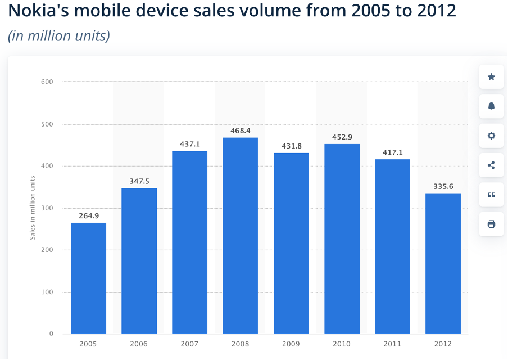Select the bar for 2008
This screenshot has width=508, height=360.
240,236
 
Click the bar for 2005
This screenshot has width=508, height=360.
88,278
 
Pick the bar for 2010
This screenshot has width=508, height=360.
342,239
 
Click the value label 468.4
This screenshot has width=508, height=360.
240,130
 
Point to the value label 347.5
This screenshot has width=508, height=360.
139,181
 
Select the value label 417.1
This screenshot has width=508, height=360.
392,152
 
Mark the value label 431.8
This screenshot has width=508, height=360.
291,146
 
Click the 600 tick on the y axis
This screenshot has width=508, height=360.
47,82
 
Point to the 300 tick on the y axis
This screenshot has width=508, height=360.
47,208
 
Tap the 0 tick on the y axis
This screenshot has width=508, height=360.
51,334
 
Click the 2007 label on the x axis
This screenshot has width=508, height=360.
189,344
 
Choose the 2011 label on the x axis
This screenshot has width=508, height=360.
392,344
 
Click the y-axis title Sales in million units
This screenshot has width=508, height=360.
33,208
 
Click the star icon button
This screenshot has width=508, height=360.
491,76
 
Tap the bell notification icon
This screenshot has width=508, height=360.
491,106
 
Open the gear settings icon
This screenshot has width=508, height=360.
491,136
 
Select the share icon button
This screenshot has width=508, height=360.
491,165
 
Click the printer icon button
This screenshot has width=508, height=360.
491,224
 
